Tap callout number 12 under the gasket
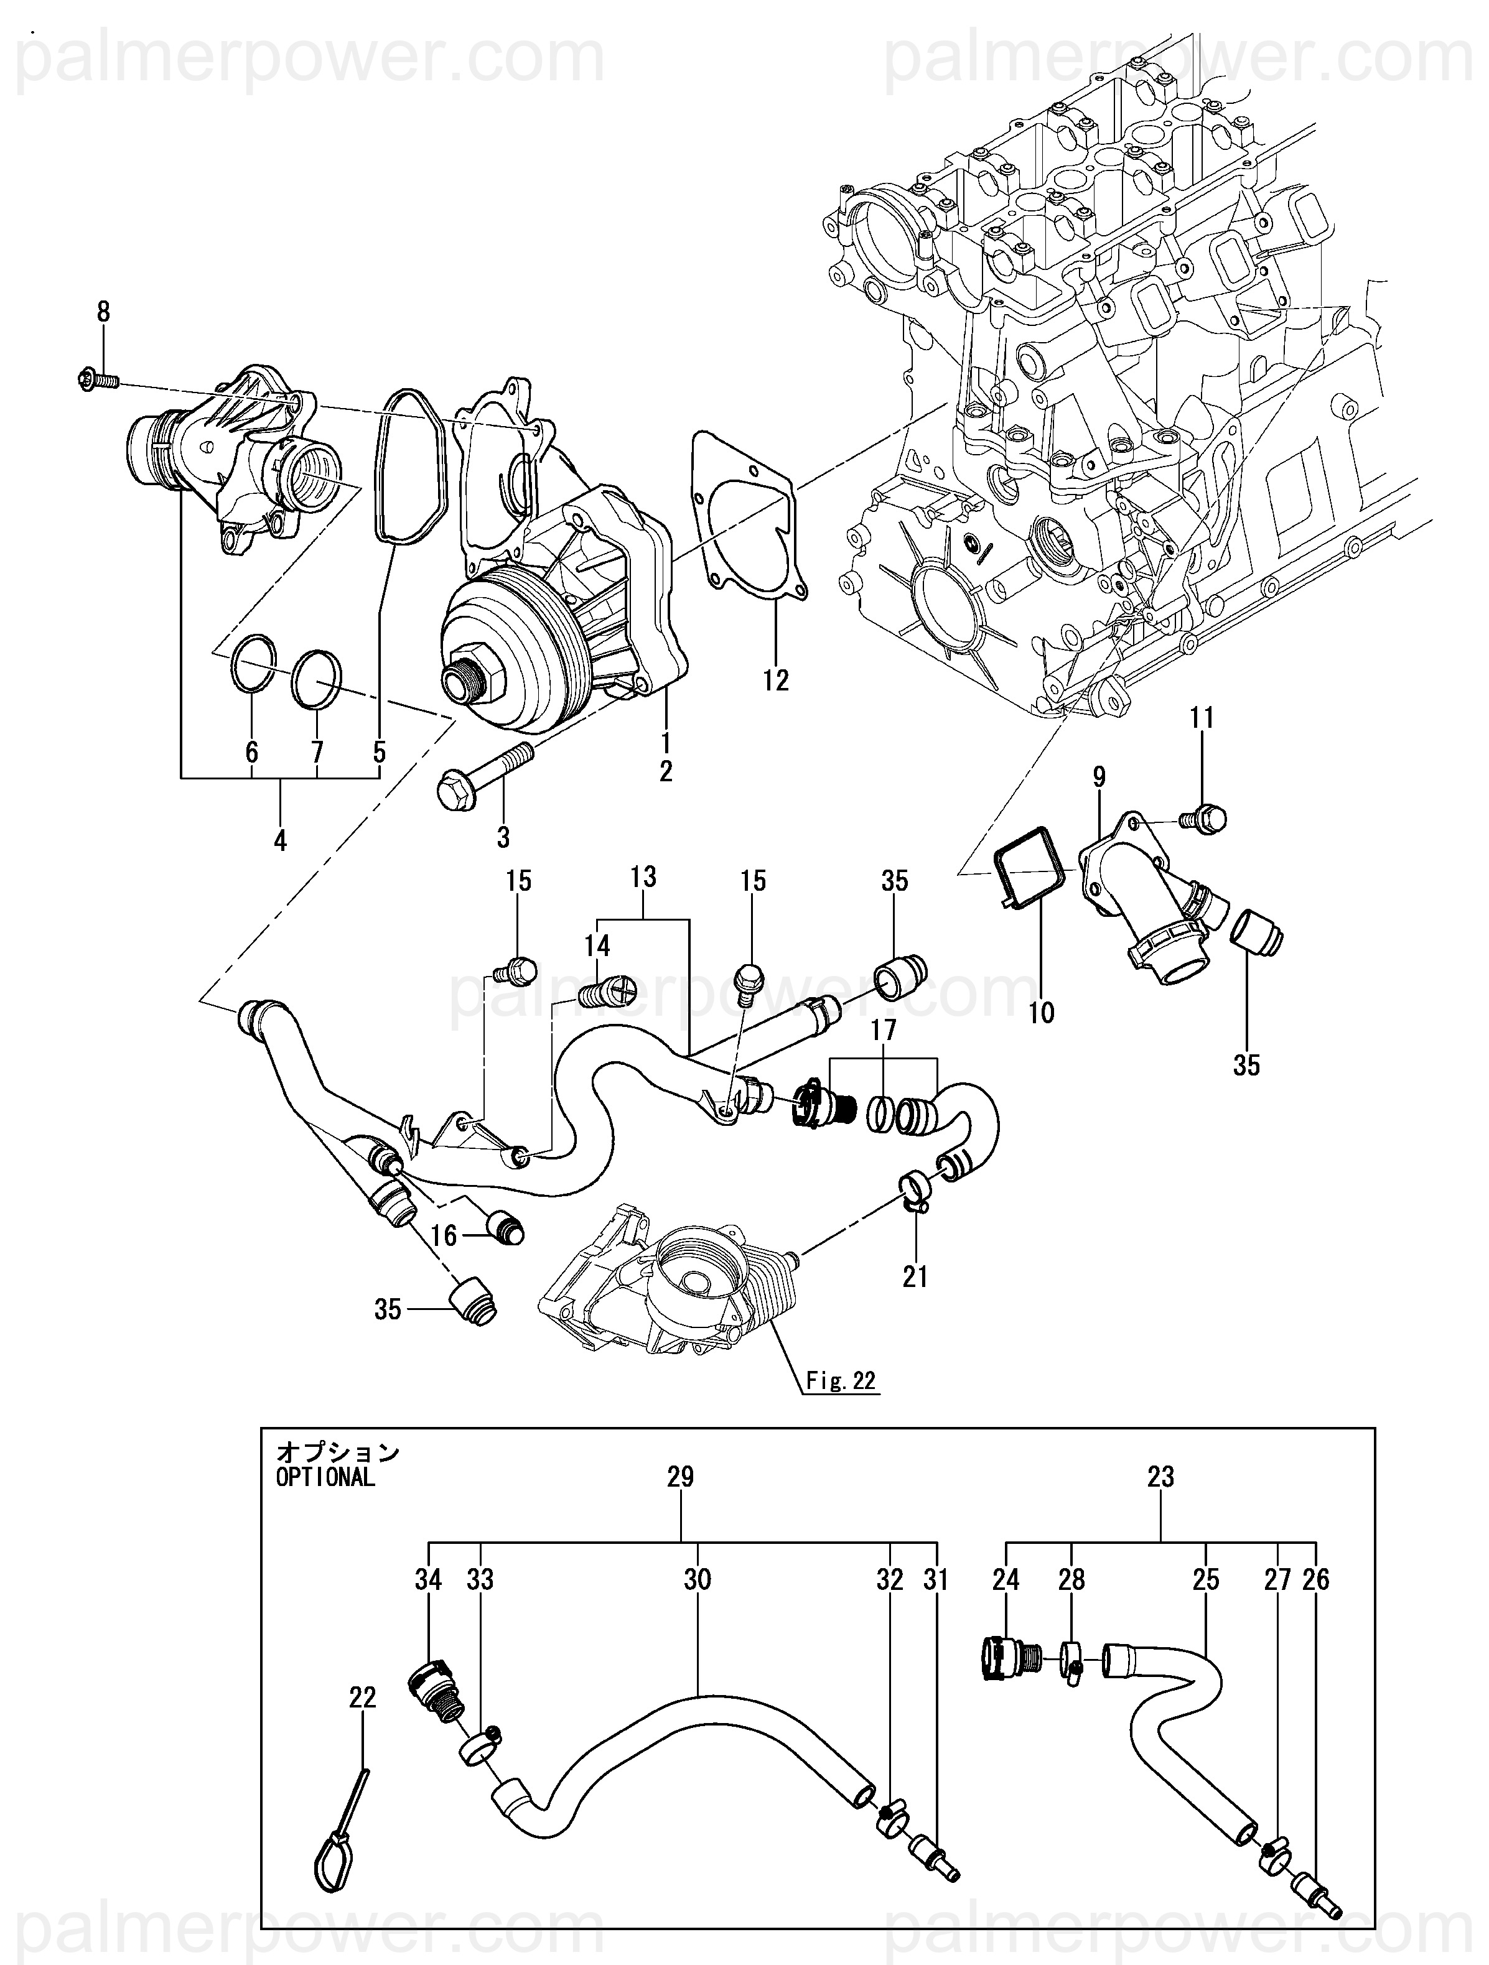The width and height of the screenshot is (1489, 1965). tap(775, 681)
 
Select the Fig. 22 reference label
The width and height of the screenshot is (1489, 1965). tap(841, 1380)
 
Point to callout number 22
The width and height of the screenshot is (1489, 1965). tap(363, 1698)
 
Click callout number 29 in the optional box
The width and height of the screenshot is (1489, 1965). tap(681, 1477)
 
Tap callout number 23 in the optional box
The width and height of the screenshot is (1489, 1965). tap(1161, 1477)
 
